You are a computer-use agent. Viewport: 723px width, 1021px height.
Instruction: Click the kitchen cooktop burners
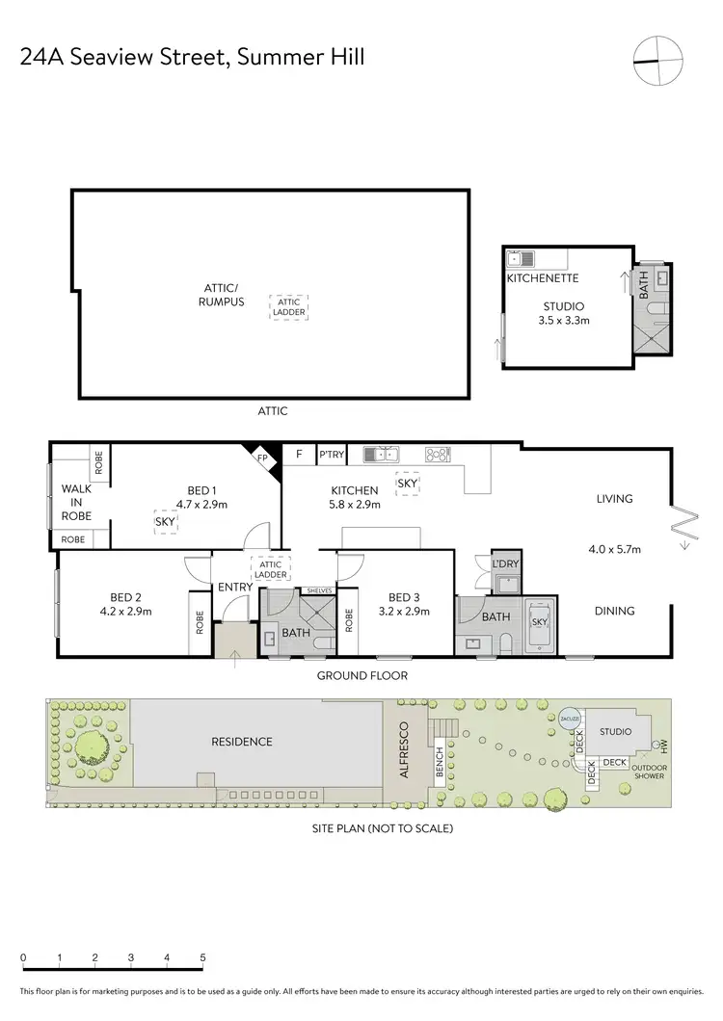point(438,454)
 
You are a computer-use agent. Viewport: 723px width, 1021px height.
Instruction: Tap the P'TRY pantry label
point(331,455)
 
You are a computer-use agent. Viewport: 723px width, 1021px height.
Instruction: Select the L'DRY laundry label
point(505,563)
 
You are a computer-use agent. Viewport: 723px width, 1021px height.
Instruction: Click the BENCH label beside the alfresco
point(439,765)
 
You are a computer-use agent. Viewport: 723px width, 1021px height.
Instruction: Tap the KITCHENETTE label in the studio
point(542,278)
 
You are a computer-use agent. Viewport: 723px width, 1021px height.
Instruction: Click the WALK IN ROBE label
point(76,502)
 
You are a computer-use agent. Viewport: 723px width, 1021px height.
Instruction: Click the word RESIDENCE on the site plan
point(243,742)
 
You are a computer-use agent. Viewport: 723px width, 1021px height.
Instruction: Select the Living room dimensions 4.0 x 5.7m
point(614,549)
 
